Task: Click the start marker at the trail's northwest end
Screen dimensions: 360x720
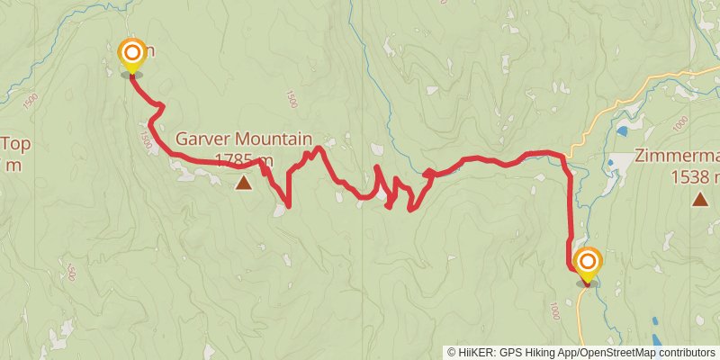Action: (131, 55)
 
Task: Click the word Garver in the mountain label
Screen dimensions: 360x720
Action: (202, 139)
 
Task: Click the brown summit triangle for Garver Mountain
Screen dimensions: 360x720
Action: (243, 184)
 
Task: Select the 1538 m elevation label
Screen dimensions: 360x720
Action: (695, 176)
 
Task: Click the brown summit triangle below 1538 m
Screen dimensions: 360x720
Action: (700, 198)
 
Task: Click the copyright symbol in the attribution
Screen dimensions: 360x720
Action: (452, 352)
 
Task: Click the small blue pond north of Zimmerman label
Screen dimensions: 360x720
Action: (622, 131)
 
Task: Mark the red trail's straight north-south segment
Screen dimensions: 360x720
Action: (571, 216)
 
